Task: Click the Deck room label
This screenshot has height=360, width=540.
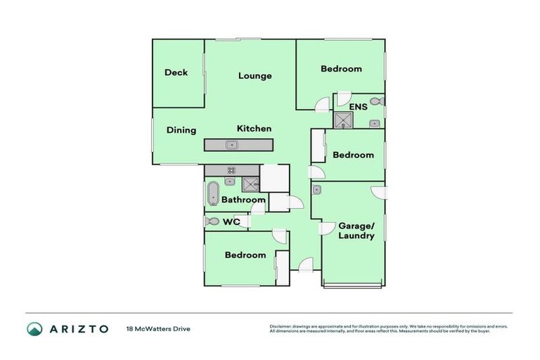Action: pos(176,72)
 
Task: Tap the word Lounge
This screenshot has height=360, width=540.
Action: pos(255,76)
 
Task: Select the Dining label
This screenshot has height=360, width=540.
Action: pos(181,130)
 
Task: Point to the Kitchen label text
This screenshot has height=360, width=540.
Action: pos(254,129)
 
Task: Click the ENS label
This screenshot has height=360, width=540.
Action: pos(359,108)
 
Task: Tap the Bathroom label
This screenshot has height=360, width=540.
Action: pos(243,200)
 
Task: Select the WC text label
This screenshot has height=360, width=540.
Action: pos(232,222)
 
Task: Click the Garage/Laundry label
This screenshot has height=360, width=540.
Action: pos(357,231)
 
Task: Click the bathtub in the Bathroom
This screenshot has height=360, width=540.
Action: pos(213,193)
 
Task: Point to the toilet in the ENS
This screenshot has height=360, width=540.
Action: pos(376,101)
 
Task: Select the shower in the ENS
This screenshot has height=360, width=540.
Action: pos(342,120)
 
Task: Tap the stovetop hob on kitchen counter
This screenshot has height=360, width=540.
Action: pos(231,170)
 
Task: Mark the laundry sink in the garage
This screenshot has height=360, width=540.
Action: pos(317,189)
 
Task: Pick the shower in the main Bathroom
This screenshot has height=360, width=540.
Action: pos(250,185)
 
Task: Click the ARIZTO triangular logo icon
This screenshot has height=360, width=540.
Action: pos(34,329)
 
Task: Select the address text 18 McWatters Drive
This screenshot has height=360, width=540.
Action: pos(158,329)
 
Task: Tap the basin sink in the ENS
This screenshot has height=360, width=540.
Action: pos(375,123)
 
